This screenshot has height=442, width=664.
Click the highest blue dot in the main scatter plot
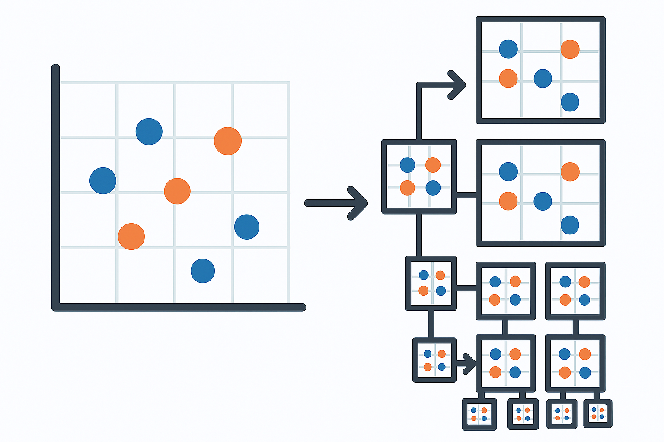(x=149, y=131)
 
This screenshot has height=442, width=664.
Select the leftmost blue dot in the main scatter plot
(x=103, y=180)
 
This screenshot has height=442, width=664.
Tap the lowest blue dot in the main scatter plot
(x=203, y=271)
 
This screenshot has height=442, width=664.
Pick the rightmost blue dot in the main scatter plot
(x=247, y=227)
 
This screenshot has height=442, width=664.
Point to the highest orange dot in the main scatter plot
(x=228, y=141)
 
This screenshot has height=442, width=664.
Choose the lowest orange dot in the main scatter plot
(x=131, y=237)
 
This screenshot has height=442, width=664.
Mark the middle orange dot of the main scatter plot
(x=177, y=191)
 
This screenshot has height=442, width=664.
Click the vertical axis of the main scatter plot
(x=55, y=186)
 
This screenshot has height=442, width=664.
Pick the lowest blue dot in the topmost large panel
(x=570, y=102)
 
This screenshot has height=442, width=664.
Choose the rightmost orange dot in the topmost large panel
(x=570, y=49)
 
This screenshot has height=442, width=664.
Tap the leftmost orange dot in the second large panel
(x=508, y=201)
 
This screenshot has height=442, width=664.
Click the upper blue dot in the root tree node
(x=407, y=164)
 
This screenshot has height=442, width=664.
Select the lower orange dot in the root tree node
(x=407, y=188)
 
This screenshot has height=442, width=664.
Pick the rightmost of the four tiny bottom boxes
(x=598, y=414)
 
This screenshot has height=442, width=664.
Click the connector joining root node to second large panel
(x=466, y=195)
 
